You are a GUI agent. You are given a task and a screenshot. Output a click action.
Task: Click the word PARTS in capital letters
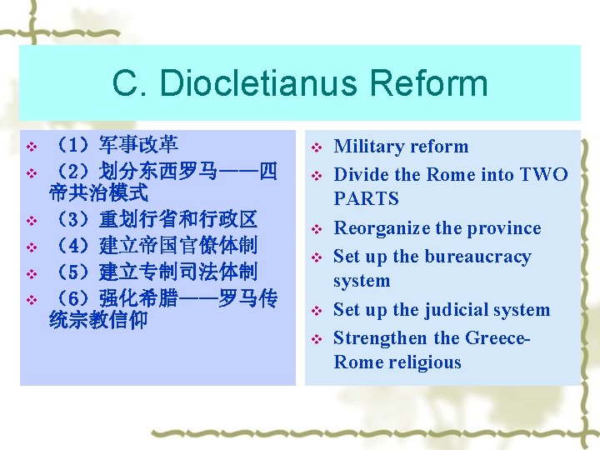pos(366,199)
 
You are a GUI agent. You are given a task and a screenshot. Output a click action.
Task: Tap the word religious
pos(421,362)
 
